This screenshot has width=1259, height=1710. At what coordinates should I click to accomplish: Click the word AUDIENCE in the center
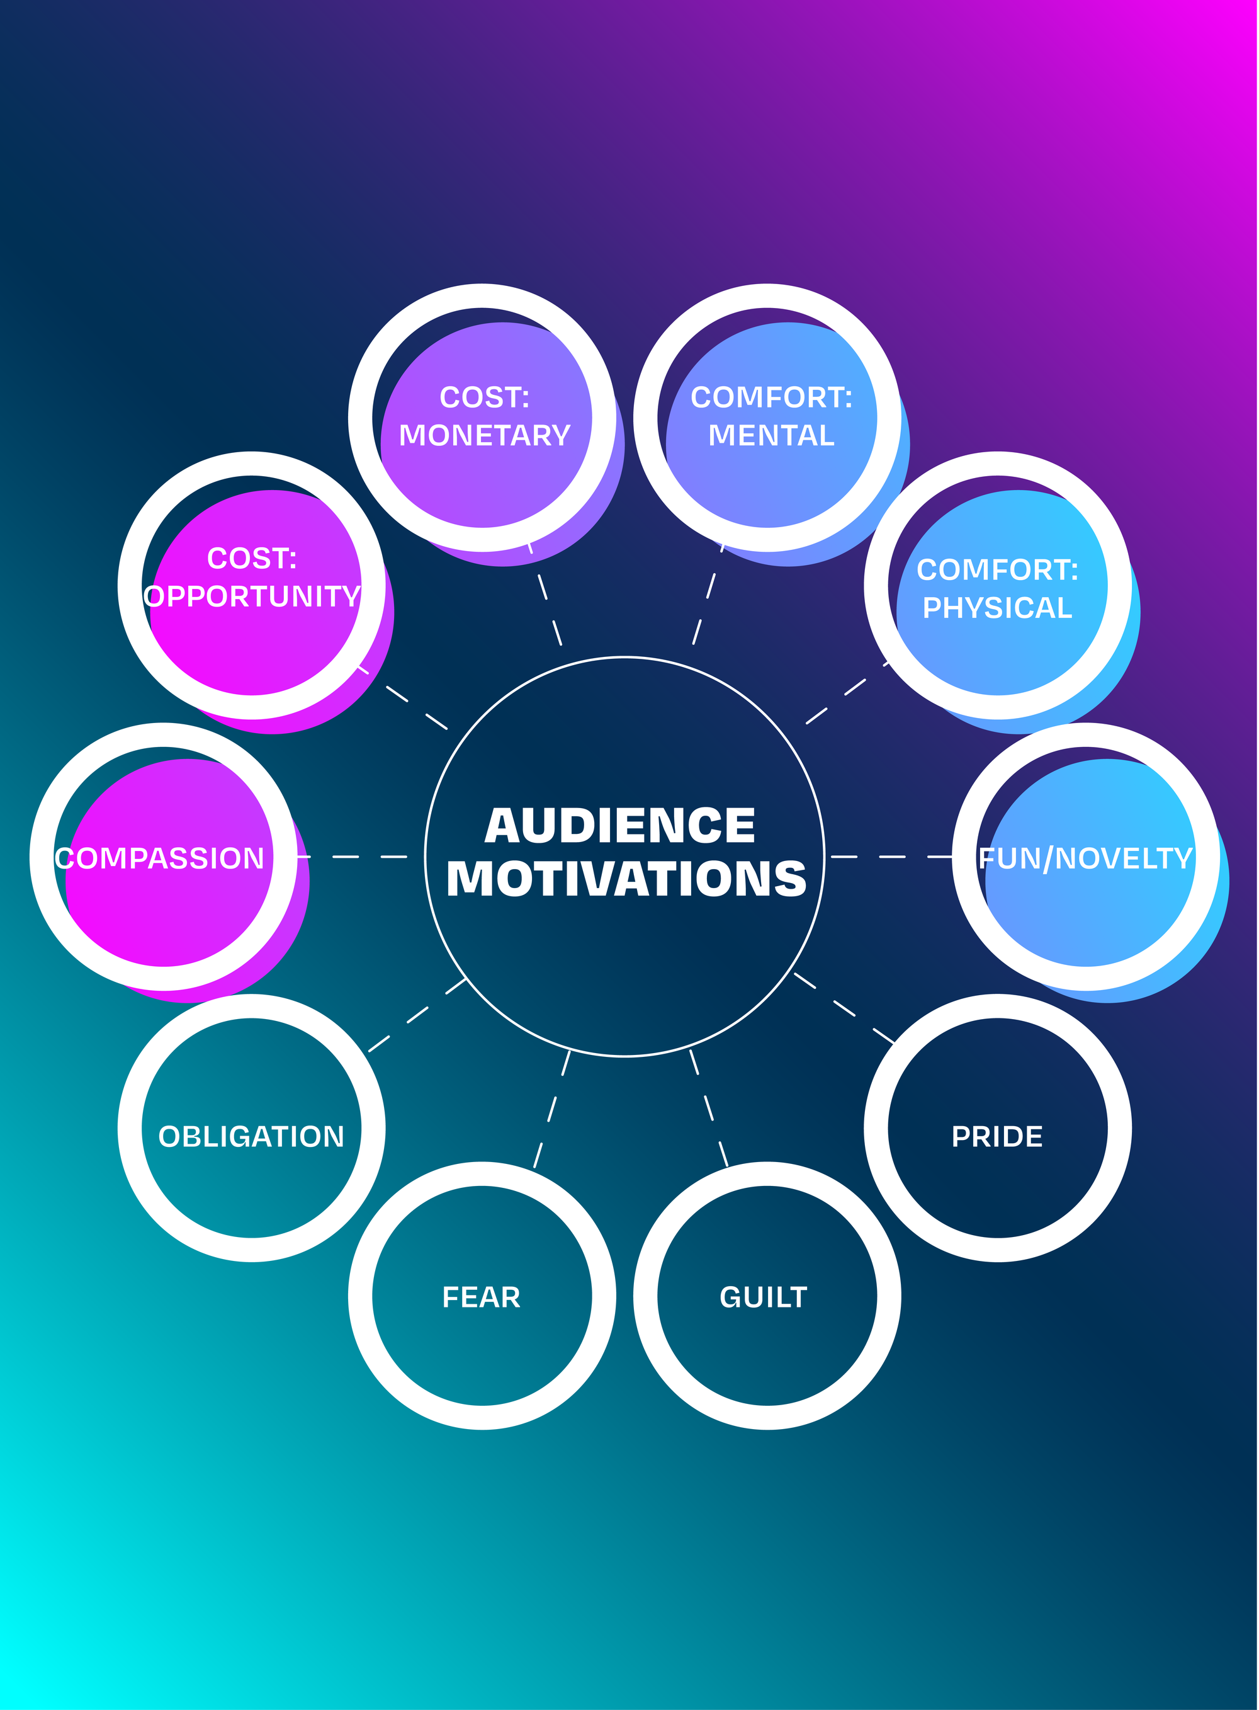pyautogui.click(x=619, y=826)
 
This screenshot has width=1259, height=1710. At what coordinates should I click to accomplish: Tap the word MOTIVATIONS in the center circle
pyautogui.click(x=626, y=879)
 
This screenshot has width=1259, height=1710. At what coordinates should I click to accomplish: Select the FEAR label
pyautogui.click(x=481, y=1297)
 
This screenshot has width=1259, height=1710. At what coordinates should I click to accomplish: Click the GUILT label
pyautogui.click(x=763, y=1297)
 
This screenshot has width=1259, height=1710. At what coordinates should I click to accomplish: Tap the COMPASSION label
pyautogui.click(x=159, y=858)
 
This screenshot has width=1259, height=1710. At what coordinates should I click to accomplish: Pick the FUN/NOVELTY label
pyautogui.click(x=1085, y=858)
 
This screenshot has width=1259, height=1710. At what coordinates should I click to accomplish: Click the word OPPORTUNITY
pyautogui.click(x=252, y=596)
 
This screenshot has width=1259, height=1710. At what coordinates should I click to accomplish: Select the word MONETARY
pyautogui.click(x=484, y=435)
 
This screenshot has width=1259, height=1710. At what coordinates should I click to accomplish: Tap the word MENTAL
pyautogui.click(x=771, y=435)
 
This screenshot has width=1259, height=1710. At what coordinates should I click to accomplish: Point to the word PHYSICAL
pyautogui.click(x=997, y=608)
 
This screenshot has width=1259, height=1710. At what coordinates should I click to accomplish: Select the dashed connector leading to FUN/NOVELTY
pyautogui.click(x=891, y=857)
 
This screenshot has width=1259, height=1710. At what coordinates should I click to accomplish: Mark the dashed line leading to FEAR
pyautogui.click(x=552, y=1109)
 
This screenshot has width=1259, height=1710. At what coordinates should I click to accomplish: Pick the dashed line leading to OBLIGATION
pyautogui.click(x=417, y=1015)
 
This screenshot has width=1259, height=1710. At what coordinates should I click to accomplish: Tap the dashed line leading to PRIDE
pyautogui.click(x=844, y=1008)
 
